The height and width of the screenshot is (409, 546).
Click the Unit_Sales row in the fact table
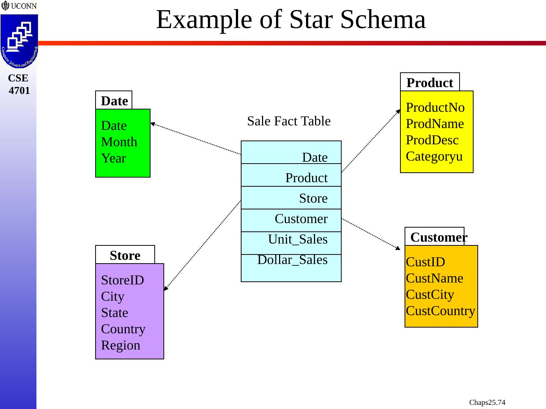point(297,239)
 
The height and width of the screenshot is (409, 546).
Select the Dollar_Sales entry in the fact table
point(292,260)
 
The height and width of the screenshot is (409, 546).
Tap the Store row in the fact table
point(313,198)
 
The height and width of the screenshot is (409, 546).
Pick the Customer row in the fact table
point(301,219)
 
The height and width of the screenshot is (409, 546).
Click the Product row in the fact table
point(306,178)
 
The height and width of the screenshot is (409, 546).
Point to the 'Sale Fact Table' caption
point(289,121)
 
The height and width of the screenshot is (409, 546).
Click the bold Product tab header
point(430,83)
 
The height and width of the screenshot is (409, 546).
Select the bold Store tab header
point(125,255)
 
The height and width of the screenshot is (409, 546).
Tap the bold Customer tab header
point(438,237)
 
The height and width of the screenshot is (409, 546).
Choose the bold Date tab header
point(114,101)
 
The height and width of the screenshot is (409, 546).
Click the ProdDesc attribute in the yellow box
point(432,140)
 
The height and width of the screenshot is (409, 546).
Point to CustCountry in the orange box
point(440,311)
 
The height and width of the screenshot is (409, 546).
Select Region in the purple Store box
point(121,345)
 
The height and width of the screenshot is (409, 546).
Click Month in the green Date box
point(119,142)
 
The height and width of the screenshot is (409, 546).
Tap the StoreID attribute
point(122,280)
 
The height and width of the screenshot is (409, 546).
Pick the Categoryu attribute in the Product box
point(434,156)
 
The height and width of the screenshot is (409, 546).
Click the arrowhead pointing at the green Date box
point(152,124)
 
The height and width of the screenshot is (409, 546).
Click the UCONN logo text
point(24,6)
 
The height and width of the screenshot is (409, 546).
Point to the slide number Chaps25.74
point(487,402)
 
